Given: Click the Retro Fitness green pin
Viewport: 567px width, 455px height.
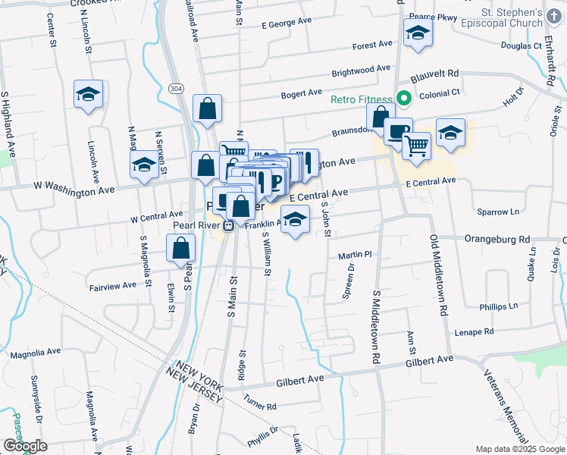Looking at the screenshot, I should click(404, 98).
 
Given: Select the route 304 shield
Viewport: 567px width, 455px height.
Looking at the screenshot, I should click(175, 89).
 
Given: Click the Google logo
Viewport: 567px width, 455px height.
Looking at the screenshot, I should click(25, 446).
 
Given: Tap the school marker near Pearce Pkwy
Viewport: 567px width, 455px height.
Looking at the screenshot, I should click(418, 34).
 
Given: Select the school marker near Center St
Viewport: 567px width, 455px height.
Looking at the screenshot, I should click(89, 96).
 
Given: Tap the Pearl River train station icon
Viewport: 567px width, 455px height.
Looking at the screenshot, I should click(227, 225).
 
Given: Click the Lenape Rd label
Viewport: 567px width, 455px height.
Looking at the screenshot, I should click(474, 332).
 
